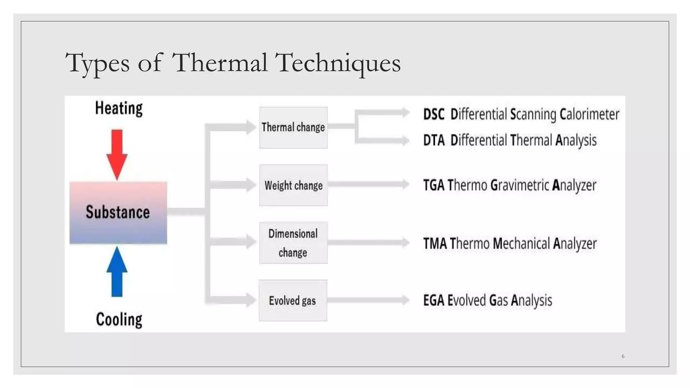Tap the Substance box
(118, 213)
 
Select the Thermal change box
(293, 128)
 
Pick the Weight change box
(293, 185)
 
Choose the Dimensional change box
(293, 243)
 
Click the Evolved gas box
(292, 300)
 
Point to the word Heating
(119, 108)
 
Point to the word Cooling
(119, 320)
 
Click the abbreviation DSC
(434, 115)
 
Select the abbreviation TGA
(434, 185)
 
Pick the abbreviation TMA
(435, 244)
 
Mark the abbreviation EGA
(434, 300)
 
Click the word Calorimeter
(589, 115)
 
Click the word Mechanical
(521, 244)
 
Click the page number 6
(623, 356)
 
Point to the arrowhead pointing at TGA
(405, 184)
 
